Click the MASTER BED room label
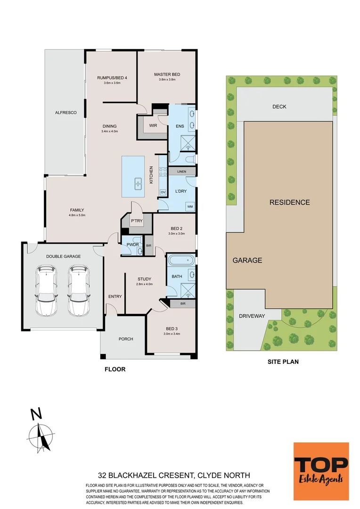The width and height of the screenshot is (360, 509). (x=167, y=74)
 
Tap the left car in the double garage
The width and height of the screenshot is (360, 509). (x=47, y=290)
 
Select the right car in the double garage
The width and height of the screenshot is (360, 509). (x=79, y=290)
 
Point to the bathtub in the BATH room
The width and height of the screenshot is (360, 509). (x=181, y=261)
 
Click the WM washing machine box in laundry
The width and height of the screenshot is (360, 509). (x=190, y=206)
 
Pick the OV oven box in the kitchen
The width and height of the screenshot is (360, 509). (x=163, y=192)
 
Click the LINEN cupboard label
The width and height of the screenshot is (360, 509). (x=182, y=172)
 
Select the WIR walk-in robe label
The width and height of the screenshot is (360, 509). (x=153, y=126)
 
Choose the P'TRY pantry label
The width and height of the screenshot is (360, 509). (x=137, y=221)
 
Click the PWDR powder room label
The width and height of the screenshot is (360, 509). (x=132, y=245)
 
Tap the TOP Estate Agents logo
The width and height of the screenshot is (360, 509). (x=321, y=471)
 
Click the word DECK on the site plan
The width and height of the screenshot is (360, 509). (x=279, y=107)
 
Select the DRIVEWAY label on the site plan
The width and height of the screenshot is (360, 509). (x=252, y=316)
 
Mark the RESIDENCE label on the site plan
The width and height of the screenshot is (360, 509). (x=290, y=202)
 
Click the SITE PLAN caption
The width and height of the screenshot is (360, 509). (x=283, y=361)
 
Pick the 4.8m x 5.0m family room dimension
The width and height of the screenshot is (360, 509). (x=77, y=215)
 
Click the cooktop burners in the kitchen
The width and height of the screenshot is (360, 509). (x=163, y=172)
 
